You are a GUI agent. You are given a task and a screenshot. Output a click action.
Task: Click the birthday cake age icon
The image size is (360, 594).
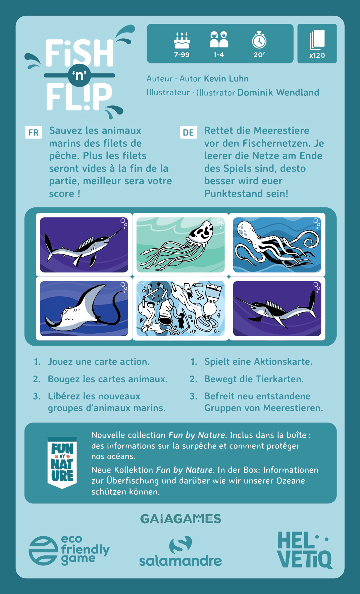click(x=182, y=40)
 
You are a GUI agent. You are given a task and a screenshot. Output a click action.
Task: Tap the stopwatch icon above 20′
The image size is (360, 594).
click(x=259, y=40)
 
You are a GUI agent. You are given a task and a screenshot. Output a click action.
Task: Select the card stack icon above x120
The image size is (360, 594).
click(x=317, y=40)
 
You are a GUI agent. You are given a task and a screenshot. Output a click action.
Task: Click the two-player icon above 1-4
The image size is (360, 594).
click(x=219, y=40)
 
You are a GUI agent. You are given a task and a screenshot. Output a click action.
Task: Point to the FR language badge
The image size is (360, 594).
click(x=34, y=132)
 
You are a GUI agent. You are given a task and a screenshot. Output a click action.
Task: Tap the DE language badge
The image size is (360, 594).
click(x=189, y=132)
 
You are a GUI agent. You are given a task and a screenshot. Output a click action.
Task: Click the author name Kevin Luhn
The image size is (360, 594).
click(x=226, y=79)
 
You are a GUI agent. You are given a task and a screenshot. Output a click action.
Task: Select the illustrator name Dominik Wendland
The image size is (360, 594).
click(x=278, y=92)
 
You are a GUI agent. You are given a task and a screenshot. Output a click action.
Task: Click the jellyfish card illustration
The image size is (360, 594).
click(x=181, y=245)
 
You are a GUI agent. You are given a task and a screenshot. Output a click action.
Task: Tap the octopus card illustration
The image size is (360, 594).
click(x=277, y=245)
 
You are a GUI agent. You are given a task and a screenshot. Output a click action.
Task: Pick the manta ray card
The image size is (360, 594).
click(x=84, y=308)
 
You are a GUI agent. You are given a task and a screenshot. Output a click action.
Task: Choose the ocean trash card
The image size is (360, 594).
click(x=181, y=308)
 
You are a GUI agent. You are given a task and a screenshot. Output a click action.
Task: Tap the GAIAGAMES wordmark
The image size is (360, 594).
click(x=181, y=519)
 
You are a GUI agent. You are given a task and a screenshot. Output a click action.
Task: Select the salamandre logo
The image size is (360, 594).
click(x=181, y=551)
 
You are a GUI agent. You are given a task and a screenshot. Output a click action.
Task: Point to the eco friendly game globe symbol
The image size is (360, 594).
click(x=43, y=551)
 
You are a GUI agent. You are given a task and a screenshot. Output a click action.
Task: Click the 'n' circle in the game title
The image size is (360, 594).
click(x=80, y=75)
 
